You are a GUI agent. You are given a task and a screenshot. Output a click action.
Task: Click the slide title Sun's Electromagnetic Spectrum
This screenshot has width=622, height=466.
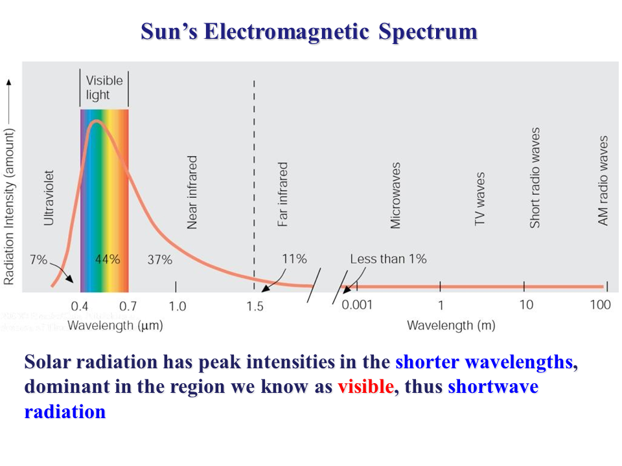(x=309, y=32)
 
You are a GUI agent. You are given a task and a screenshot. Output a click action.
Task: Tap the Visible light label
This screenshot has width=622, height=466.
(x=104, y=88)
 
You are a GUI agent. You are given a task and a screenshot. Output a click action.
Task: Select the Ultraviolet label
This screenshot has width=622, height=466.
(x=49, y=198)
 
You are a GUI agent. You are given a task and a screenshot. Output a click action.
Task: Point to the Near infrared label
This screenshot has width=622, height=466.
(x=192, y=192)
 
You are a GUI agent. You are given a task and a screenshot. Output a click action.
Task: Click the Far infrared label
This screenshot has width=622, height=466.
(x=282, y=194)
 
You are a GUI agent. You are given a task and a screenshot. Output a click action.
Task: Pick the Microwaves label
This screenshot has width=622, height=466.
(x=395, y=195)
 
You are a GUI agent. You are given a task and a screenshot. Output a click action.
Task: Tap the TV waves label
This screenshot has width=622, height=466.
(x=480, y=199)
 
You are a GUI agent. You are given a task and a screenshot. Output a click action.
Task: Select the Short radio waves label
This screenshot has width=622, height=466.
(x=535, y=177)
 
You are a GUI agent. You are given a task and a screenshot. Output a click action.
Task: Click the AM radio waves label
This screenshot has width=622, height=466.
(x=603, y=181)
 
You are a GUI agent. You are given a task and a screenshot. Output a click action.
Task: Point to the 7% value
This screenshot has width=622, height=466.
(x=38, y=260)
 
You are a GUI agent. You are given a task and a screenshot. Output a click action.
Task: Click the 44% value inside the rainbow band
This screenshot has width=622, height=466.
(x=108, y=260)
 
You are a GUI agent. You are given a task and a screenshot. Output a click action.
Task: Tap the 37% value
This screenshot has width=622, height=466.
(x=159, y=260)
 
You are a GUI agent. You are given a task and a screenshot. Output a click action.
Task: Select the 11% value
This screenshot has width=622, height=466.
(x=294, y=259)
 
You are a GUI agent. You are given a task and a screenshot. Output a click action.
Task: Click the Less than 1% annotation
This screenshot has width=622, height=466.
(x=388, y=259)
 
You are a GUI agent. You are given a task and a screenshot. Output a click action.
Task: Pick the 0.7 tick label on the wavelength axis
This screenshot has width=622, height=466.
(x=128, y=305)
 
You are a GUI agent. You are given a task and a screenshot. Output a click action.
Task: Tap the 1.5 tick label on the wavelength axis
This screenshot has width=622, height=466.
(x=255, y=306)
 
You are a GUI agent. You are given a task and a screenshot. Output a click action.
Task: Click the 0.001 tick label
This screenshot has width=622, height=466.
(x=357, y=305)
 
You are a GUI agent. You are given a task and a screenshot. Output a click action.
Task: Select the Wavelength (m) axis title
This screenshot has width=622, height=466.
(x=451, y=326)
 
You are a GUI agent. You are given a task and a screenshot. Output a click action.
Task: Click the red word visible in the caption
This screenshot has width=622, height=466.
(x=365, y=387)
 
